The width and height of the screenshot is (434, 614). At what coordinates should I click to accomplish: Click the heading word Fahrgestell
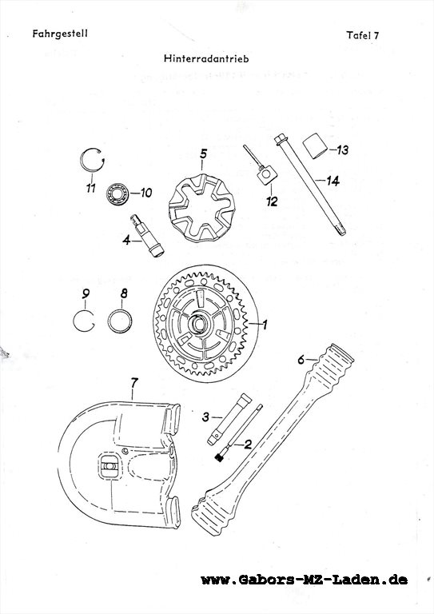[60, 34]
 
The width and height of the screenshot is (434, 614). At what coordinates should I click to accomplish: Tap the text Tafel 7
[363, 35]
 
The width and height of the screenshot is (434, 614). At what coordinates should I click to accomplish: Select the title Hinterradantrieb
[206, 58]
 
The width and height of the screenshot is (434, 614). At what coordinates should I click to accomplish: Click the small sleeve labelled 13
[316, 146]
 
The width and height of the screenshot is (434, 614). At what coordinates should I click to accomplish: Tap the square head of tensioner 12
[266, 174]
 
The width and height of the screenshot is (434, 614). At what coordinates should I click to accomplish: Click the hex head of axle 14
[280, 139]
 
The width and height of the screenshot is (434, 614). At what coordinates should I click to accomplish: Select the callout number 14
[332, 181]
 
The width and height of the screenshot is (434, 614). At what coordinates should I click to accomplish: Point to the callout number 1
[265, 325]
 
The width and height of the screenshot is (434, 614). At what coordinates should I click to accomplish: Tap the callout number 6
[301, 359]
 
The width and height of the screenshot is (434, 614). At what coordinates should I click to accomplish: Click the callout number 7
[134, 383]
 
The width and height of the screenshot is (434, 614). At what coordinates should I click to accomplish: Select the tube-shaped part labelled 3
[230, 420]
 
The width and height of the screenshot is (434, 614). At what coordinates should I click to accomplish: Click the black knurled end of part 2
[219, 457]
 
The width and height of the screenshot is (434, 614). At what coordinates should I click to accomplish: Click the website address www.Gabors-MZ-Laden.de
[304, 580]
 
